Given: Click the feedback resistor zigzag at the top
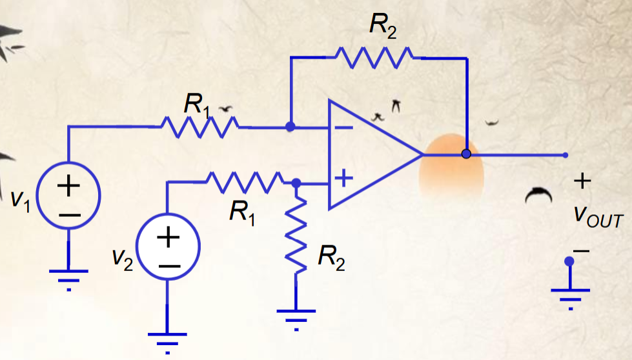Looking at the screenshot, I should point(377,58).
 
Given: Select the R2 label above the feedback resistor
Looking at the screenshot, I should point(383,26).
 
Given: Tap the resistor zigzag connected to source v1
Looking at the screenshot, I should point(199,127).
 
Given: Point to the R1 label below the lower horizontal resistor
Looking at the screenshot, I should point(242,211).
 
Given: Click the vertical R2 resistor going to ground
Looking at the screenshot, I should point(296,235).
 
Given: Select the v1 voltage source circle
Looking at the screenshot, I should point(68,193).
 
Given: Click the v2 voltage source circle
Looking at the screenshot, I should point(168,246).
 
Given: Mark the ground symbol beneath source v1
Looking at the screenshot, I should point(68,277).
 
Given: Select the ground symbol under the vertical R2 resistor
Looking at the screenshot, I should point(296,317).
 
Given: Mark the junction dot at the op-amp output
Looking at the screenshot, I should point(466,154).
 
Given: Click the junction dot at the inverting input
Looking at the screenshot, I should point(291,127).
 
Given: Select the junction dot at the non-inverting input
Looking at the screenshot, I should point(296,183).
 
